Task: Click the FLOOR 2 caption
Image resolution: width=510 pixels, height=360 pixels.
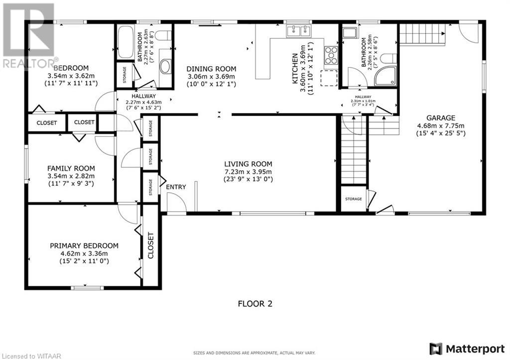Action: click(255, 303)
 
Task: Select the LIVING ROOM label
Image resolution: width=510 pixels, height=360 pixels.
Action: click(248, 164)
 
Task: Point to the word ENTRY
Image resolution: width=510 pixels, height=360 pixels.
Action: click(176, 187)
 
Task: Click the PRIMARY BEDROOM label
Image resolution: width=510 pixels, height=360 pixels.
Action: click(84, 245)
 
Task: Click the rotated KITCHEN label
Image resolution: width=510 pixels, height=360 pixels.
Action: click(295, 69)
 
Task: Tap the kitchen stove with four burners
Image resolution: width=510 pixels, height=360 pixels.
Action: click(331, 55)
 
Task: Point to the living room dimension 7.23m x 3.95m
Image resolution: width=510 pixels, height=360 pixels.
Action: click(248, 172)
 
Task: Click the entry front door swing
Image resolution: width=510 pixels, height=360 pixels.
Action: click(175, 202)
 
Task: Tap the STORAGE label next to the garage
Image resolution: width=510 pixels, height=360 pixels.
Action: click(354, 199)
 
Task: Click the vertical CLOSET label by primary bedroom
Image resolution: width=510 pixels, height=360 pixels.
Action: click(150, 245)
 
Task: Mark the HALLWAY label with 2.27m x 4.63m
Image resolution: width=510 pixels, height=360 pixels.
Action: click(143, 96)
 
